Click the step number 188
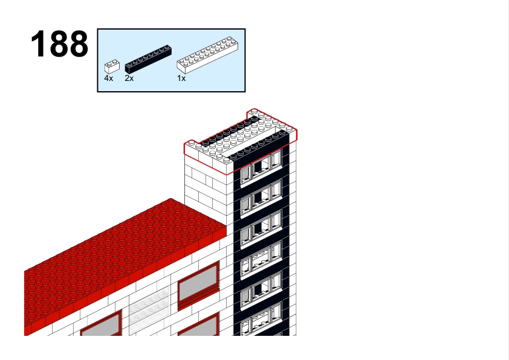[59, 43]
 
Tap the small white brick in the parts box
[112, 66]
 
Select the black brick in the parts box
[148, 59]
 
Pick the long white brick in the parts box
[207, 55]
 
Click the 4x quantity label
[109, 78]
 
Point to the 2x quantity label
[129, 78]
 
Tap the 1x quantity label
[181, 78]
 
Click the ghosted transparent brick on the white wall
[150, 310]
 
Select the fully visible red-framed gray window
[199, 286]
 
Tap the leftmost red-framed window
[101, 324]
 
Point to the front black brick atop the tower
[259, 147]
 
